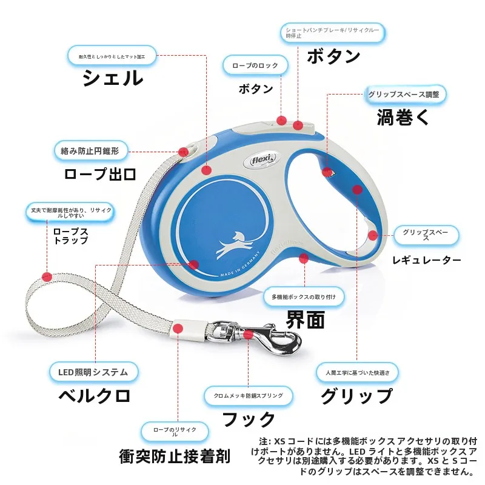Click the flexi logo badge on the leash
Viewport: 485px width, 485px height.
pyautogui.click(x=263, y=161)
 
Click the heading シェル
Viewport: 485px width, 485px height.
pyautogui.click(x=113, y=78)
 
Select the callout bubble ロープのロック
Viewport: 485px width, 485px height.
pyautogui.click(x=255, y=65)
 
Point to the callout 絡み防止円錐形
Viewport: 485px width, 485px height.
pyautogui.click(x=90, y=151)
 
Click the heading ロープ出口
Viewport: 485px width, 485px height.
pyautogui.click(x=100, y=174)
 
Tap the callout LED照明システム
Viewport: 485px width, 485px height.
pyautogui.click(x=93, y=372)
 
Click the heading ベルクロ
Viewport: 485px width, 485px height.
pyautogui.click(x=95, y=396)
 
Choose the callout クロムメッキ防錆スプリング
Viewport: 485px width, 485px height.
pyautogui.click(x=249, y=396)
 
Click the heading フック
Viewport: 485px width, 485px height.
pyautogui.click(x=249, y=420)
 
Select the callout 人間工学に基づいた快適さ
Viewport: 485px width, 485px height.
pyautogui.click(x=357, y=373)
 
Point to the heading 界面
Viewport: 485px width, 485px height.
pyautogui.click(x=306, y=319)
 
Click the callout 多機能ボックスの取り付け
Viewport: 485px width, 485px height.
pyautogui.click(x=304, y=297)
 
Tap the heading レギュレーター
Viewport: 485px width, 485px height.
pyautogui.click(x=427, y=260)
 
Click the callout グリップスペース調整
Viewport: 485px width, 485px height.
pyautogui.click(x=404, y=95)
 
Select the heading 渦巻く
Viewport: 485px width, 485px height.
pyautogui.click(x=403, y=118)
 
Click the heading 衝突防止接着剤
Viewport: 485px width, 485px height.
pyautogui.click(x=175, y=457)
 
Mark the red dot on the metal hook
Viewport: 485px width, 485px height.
pyautogui.click(x=248, y=335)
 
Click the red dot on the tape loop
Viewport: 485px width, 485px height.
pyautogui.click(x=47, y=276)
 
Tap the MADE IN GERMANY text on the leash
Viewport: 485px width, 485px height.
pyautogui.click(x=240, y=265)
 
